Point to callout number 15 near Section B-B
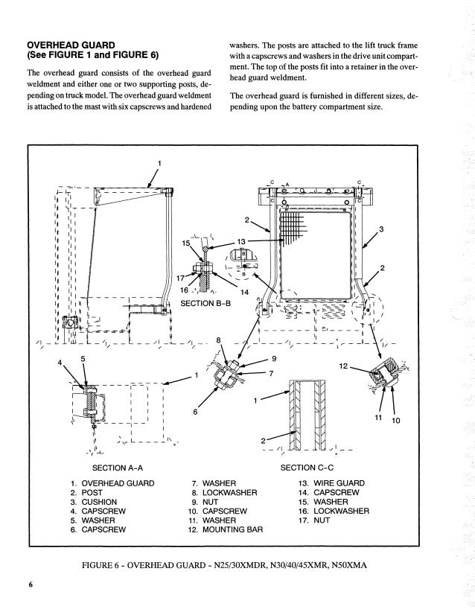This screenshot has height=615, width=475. pos(187,243)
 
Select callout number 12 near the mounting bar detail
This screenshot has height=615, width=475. pos(342,366)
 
